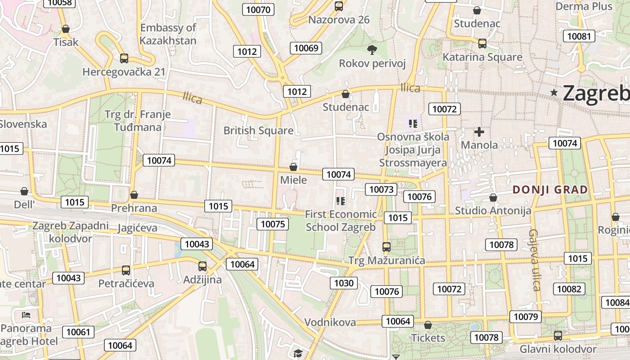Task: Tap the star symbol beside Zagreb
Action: pos(554,93)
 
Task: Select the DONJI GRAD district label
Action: pos(550,189)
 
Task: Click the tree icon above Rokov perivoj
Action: pos(372,49)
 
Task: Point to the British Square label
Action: pos(258,130)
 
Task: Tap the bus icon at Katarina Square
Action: pos(482,44)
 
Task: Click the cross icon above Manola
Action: pos(479,132)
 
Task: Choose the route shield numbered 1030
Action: pos(344,283)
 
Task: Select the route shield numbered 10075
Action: pos(273,224)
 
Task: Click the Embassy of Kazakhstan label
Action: pos(168,34)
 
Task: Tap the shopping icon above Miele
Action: pos(293,167)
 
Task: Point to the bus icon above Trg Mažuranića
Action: pos(386,247)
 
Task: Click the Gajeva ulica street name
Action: pos(534,260)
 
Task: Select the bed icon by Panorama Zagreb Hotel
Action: pos(26,315)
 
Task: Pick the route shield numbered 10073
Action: pos(381,189)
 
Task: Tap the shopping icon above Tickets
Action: pos(428,325)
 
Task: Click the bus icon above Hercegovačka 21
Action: pos(124,58)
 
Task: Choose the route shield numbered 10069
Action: pos(306,48)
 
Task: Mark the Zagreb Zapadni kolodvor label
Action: pos(71,232)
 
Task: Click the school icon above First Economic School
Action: pos(341,201)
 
